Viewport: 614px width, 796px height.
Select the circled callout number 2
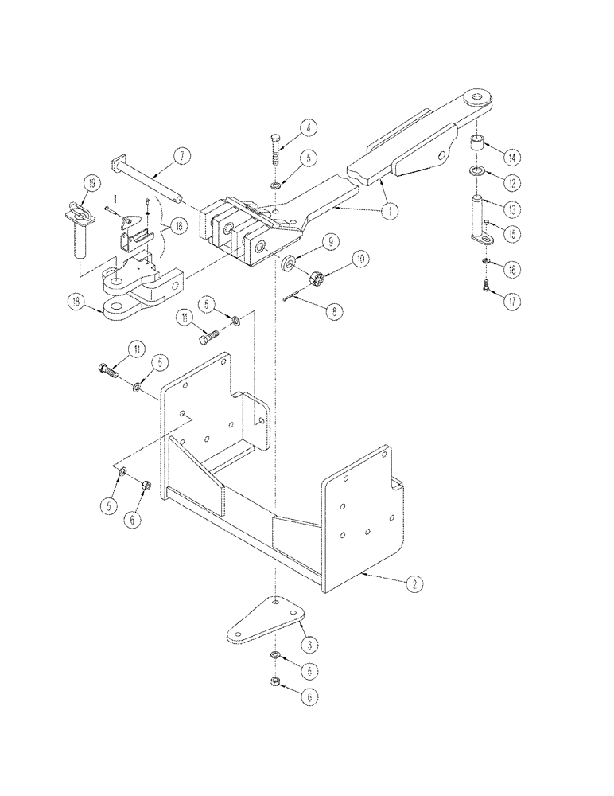(x=412, y=583)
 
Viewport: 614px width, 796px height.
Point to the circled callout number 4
(x=306, y=128)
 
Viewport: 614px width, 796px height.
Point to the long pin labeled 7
(x=151, y=183)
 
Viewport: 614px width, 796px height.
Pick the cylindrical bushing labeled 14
(x=480, y=147)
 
